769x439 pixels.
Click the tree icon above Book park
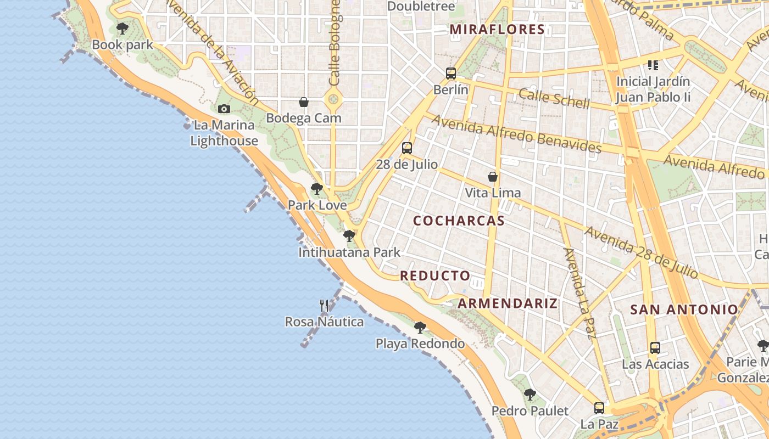click(x=122, y=28)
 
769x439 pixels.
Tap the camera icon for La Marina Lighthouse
click(x=224, y=109)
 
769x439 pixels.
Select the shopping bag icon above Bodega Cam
click(x=303, y=102)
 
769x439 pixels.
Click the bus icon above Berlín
click(x=451, y=73)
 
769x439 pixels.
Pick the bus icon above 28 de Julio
click(x=406, y=148)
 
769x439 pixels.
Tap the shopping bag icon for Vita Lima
click(x=493, y=177)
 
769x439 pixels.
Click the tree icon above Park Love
click(x=316, y=189)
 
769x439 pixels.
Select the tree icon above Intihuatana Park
click(x=349, y=236)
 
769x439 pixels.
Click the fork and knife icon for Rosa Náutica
click(x=324, y=305)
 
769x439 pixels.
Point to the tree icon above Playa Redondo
click(x=420, y=328)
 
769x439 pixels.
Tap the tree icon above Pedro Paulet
click(x=530, y=394)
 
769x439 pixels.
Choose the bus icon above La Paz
click(x=599, y=408)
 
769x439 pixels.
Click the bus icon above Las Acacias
click(x=655, y=347)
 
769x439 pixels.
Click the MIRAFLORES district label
click(x=497, y=30)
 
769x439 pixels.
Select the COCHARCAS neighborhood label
click(x=459, y=221)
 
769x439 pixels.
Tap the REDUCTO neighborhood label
click(x=435, y=275)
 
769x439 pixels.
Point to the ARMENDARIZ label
click(x=508, y=303)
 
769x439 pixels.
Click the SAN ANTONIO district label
click(x=684, y=309)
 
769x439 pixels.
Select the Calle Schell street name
click(x=554, y=99)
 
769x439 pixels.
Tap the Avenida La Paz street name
click(x=580, y=293)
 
